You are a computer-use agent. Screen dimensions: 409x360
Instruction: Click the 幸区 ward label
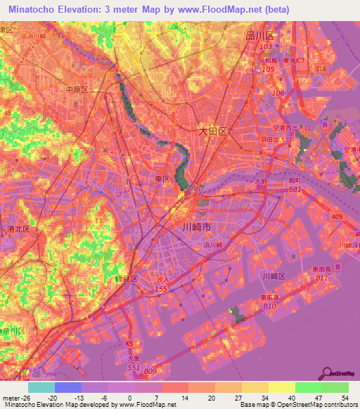coord(162,179)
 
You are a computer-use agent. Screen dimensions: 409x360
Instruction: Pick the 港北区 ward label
coord(18,229)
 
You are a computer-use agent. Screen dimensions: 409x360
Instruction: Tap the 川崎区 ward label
coord(273,276)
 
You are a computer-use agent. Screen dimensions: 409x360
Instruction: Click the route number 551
coord(131,368)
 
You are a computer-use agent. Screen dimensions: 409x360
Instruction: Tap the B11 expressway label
coord(321,278)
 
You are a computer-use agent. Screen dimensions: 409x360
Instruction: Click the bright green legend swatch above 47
coord(308,387)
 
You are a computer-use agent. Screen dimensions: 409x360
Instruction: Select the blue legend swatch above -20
coord(68,387)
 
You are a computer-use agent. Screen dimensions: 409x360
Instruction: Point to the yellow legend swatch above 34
coord(255,387)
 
